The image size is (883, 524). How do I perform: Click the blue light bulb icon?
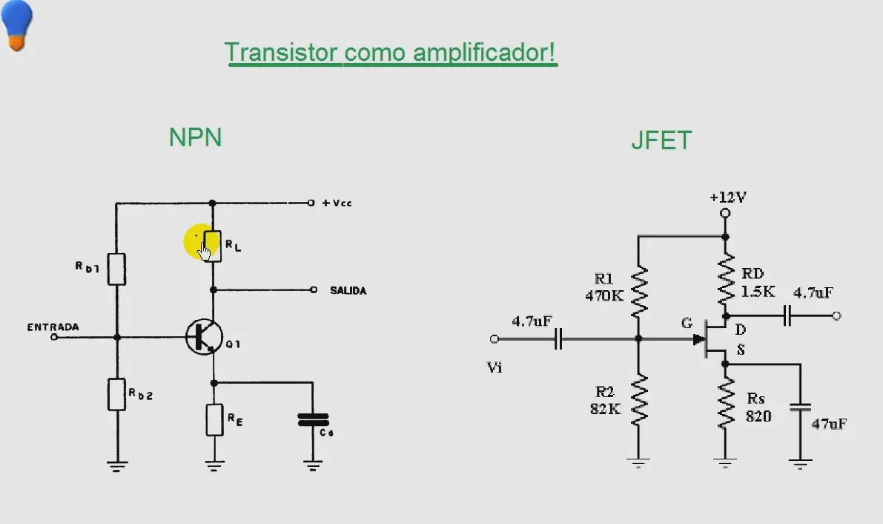(x=17, y=24)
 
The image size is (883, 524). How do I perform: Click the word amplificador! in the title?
(x=484, y=53)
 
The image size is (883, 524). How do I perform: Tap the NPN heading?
(x=196, y=137)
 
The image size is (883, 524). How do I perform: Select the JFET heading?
(x=661, y=140)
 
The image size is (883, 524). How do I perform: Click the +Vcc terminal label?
(x=337, y=203)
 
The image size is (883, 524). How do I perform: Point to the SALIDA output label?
(x=348, y=290)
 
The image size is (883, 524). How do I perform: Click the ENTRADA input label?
(x=53, y=327)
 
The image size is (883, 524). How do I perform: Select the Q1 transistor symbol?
(x=204, y=337)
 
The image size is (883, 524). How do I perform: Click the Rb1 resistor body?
(x=116, y=269)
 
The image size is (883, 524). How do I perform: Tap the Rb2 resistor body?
(x=116, y=394)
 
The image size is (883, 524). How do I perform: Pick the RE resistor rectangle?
(x=214, y=419)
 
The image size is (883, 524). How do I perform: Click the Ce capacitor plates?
(x=313, y=419)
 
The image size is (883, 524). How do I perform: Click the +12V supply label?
(x=727, y=197)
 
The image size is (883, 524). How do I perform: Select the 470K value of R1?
(x=604, y=295)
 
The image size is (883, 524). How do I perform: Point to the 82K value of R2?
(x=606, y=409)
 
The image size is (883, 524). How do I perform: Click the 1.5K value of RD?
(x=758, y=292)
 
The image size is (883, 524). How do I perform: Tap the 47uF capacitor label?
(x=829, y=424)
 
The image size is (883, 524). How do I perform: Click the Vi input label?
(x=495, y=367)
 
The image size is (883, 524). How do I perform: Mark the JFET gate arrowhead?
(x=699, y=339)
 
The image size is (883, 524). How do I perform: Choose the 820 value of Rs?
(x=758, y=417)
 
